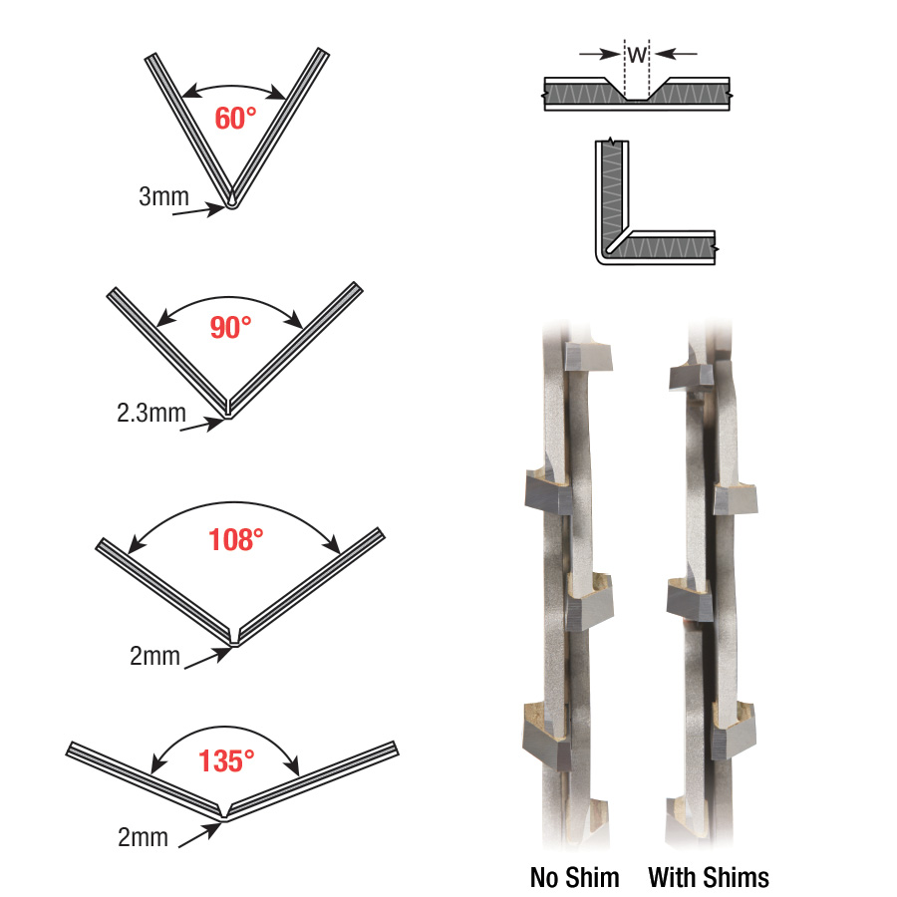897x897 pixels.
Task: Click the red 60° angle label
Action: [x=235, y=119]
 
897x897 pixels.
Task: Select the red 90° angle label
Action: [x=230, y=327]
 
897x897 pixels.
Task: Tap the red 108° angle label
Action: [x=235, y=539]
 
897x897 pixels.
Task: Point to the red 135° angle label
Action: [x=226, y=760]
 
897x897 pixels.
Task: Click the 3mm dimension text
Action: [x=163, y=196]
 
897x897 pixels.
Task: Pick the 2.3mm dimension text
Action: [x=151, y=413]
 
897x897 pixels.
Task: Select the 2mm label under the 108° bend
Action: [x=154, y=656]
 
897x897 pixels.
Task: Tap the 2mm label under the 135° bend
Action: [x=143, y=837]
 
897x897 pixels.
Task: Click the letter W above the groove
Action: [x=637, y=55]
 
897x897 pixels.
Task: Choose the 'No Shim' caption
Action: [x=574, y=877]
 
